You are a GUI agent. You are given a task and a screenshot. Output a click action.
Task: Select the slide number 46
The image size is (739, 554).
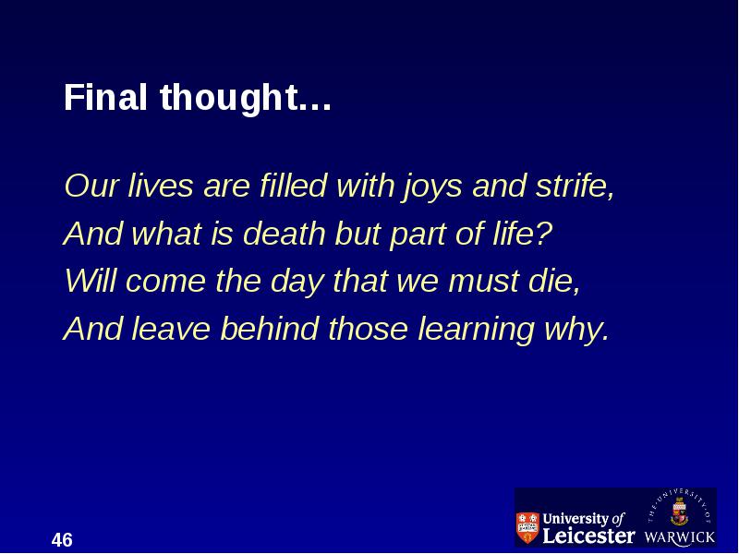(x=62, y=540)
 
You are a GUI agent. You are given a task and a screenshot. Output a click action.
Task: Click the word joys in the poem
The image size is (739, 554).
(x=432, y=187)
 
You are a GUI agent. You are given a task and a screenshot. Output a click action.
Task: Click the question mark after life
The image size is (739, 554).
(x=544, y=233)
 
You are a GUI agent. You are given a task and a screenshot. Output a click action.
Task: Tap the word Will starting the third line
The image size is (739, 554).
(x=90, y=280)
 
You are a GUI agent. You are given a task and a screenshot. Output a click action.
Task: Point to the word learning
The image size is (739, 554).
(x=477, y=330)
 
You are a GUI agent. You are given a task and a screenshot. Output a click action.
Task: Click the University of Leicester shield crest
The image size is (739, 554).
(x=527, y=527)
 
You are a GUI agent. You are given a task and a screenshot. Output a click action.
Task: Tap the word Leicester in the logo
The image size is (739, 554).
(x=588, y=536)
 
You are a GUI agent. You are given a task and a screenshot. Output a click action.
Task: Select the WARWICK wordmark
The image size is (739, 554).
(x=680, y=537)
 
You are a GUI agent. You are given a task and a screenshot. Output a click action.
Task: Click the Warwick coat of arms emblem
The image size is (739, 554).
(x=679, y=512)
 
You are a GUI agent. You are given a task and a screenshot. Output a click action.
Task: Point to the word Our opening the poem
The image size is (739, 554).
(x=91, y=186)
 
